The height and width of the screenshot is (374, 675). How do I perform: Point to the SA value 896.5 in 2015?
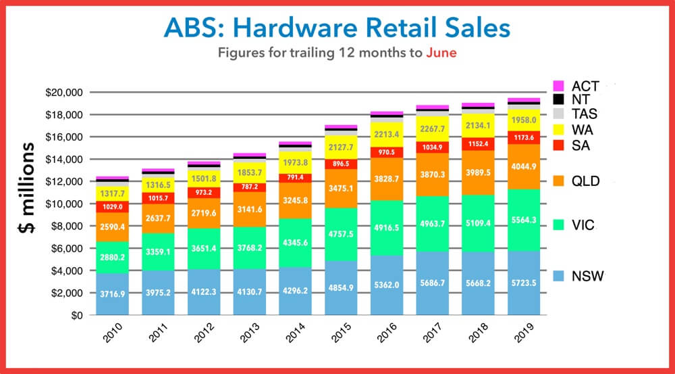[x=341, y=164]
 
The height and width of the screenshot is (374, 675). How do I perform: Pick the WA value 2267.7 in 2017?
[x=433, y=130]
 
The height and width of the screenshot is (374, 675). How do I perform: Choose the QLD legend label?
[x=586, y=181]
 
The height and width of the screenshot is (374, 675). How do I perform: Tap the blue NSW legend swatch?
[x=558, y=276]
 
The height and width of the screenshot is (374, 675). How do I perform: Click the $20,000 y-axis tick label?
[x=63, y=93]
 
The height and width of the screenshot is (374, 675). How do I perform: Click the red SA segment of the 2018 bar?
[x=478, y=144]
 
